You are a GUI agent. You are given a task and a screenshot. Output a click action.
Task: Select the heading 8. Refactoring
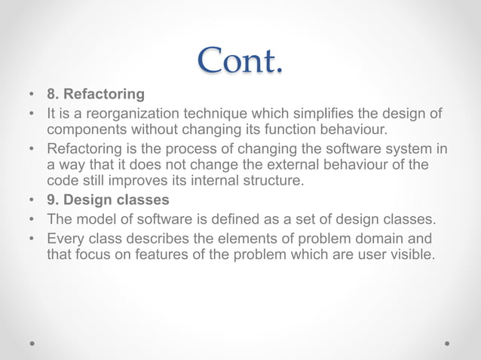(x=96, y=96)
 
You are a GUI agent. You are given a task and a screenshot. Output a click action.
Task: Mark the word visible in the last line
(x=410, y=255)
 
